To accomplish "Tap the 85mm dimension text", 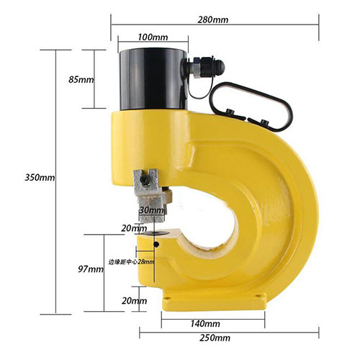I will (81, 79).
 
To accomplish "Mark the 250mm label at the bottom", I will (216, 338).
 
